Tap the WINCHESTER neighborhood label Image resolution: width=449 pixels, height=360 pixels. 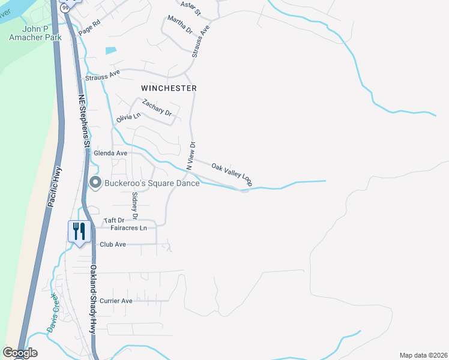click(169, 88)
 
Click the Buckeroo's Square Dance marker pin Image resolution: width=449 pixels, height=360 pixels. click(94, 182)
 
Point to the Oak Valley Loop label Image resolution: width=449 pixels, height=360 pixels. click(232, 173)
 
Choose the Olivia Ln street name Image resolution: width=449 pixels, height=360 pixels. click(128, 116)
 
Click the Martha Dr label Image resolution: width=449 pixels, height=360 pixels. click(180, 26)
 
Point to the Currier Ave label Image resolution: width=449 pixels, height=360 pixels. click(116, 301)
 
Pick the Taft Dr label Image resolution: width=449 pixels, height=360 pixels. click(113, 220)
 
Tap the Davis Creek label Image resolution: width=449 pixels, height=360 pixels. click(52, 313)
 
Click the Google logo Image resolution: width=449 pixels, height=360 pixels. click(20, 353)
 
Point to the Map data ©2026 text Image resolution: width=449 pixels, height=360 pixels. click(423, 355)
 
